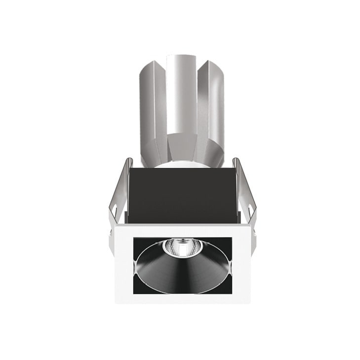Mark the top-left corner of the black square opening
pos(134,239)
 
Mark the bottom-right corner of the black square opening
pos(231,292)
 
